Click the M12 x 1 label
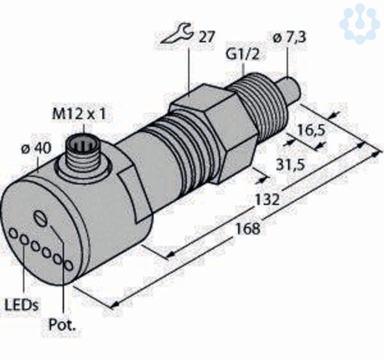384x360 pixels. point(79,114)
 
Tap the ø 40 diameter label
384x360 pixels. point(36,148)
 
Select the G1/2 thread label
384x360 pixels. point(242,55)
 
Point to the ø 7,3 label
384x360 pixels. point(290,38)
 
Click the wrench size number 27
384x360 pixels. point(206,37)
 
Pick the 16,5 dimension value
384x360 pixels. point(311,130)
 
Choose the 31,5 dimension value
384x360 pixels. point(291,165)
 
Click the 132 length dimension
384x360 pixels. point(267,199)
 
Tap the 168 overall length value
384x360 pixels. point(248,229)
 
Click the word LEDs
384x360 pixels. point(22,305)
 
